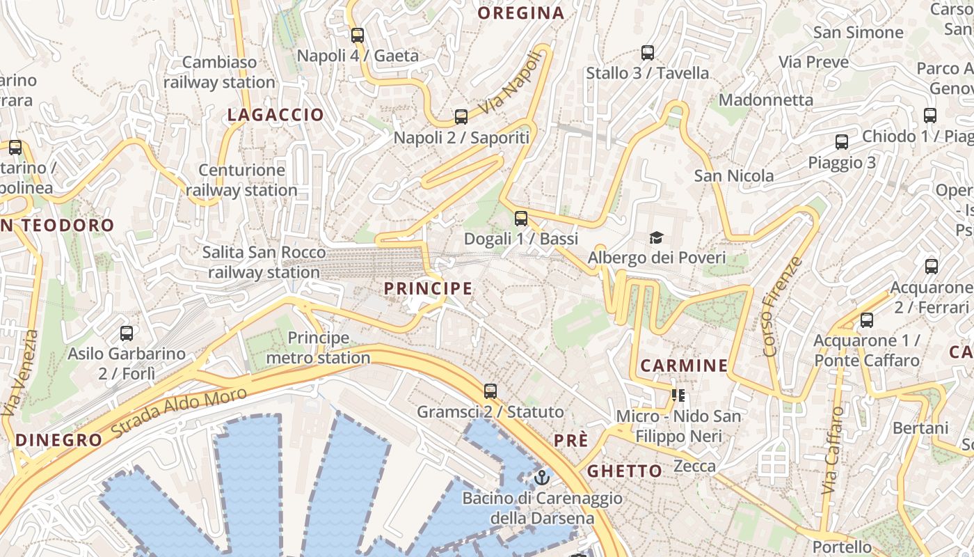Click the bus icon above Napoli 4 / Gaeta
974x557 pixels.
[x=358, y=35]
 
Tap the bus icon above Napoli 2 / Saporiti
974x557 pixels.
[x=461, y=116]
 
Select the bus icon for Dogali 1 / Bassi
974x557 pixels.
[x=521, y=218]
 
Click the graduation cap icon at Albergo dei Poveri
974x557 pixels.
[x=656, y=237]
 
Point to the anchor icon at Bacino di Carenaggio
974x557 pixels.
[x=542, y=478]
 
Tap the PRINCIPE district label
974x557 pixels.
[x=428, y=288]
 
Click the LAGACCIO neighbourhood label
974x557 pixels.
[x=276, y=115]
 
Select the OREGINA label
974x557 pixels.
[x=521, y=13]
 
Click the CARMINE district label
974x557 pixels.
[x=684, y=366]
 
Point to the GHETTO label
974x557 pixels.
[x=625, y=471]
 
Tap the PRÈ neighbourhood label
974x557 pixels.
[x=571, y=441]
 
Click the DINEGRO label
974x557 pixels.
[x=59, y=440]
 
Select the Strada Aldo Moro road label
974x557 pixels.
[x=179, y=412]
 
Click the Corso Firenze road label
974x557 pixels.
[x=783, y=306]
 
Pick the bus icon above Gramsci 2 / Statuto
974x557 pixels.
[x=490, y=391]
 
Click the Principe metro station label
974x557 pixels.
[x=318, y=348]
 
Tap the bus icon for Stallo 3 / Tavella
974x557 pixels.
[x=647, y=52]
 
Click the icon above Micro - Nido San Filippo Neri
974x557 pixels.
[x=678, y=395]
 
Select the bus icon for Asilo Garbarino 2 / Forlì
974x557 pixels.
[x=126, y=333]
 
